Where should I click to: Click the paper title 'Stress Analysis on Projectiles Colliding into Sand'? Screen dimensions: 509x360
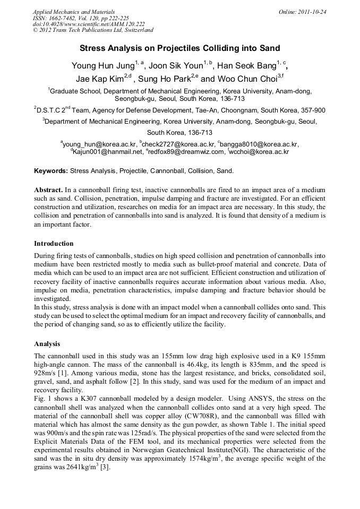179,48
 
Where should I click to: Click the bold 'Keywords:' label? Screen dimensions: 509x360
50,171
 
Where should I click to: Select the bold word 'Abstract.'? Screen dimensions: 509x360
48,189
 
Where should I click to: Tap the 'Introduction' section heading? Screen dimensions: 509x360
54,244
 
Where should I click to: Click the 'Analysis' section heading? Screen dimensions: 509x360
47,343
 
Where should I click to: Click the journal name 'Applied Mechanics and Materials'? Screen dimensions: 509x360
70,12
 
